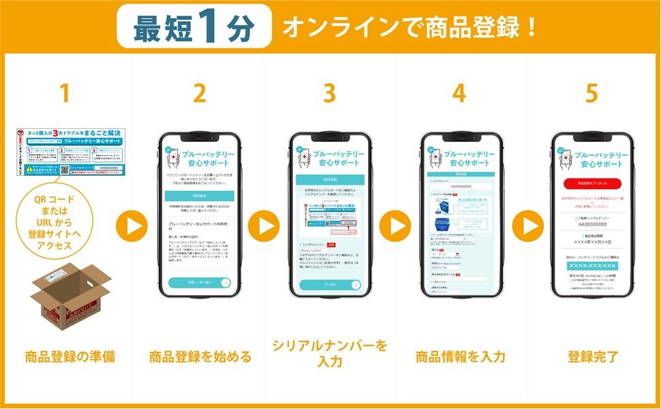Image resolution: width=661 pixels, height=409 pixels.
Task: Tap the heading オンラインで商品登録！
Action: click(x=410, y=27)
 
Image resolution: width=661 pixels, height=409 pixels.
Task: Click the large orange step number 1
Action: click(x=65, y=93)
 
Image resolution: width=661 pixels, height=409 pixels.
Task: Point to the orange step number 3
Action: click(x=329, y=93)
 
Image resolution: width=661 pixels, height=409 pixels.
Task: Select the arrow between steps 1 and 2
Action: click(x=132, y=224)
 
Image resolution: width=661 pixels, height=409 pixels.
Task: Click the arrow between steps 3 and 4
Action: click(x=395, y=224)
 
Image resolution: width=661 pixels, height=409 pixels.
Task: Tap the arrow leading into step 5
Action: click(x=527, y=224)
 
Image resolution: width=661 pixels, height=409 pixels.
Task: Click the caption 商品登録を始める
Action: click(x=200, y=357)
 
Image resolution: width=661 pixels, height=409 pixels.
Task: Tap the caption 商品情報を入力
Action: click(x=460, y=357)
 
